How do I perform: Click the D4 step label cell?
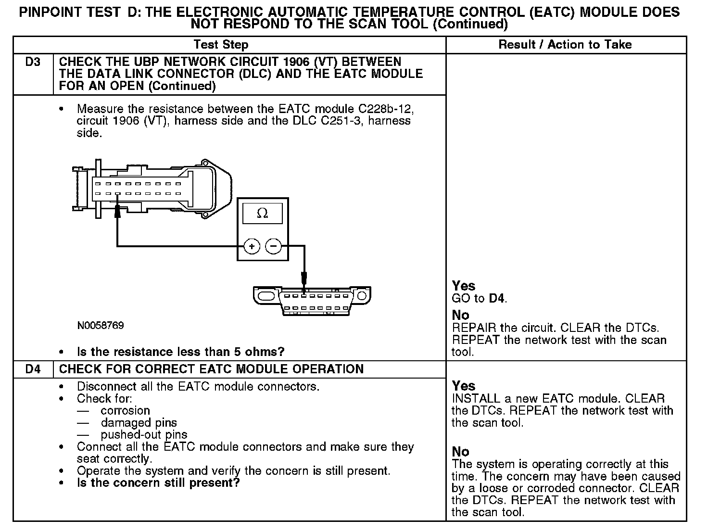[x=33, y=369]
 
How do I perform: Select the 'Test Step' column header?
[x=221, y=45]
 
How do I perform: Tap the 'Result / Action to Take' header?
[x=565, y=45]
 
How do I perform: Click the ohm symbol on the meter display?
[x=263, y=213]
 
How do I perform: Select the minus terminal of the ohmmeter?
[x=273, y=247]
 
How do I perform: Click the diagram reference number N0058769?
[x=101, y=326]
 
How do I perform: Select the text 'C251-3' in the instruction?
[x=342, y=121]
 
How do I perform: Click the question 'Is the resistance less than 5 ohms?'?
[x=180, y=352]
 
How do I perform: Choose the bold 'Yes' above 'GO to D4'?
[x=464, y=286]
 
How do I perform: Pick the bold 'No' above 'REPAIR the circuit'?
[x=460, y=315]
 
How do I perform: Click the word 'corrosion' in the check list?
[x=125, y=411]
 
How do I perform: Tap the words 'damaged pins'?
[x=139, y=423]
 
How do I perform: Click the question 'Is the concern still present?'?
[x=158, y=483]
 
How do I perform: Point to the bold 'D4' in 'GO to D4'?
[x=497, y=298]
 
